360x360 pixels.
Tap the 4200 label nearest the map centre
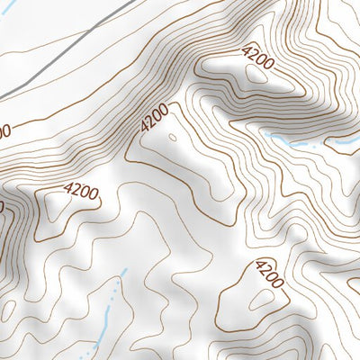[154, 120]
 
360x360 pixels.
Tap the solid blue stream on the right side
[297, 142]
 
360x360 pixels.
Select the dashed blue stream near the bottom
[108, 310]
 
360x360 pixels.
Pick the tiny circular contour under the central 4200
[171, 138]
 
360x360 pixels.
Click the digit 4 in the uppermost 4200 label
[247, 49]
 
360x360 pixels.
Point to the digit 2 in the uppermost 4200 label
[253, 56]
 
